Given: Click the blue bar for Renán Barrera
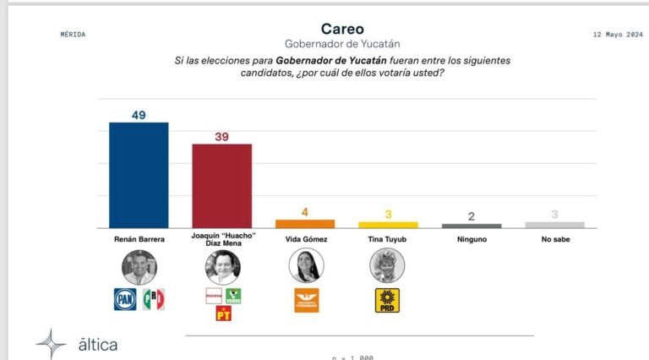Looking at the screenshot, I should coord(139,175).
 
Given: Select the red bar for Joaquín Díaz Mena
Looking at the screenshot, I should coord(222,186).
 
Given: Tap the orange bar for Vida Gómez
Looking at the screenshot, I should coord(305,224).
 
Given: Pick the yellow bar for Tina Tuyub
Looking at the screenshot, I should coord(388,225).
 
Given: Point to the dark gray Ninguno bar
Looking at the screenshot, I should coord(472,226).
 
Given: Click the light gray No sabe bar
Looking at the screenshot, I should coord(554,225).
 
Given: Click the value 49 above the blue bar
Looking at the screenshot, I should coord(139,114).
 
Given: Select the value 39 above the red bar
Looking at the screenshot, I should coord(222,136).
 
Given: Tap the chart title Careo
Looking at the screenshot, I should coord(342,29).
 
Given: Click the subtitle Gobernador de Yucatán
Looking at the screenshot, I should coord(342,44).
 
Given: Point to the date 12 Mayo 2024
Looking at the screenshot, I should coord(605,35).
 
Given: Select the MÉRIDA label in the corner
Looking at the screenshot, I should coord(74,35).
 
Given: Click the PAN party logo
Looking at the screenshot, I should coord(126,298).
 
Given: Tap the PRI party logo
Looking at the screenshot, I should coord(153,298).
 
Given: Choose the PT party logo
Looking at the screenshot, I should coord(223,314).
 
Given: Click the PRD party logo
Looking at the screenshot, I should coord(387,300).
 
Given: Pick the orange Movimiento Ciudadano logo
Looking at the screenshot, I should coord(306,300).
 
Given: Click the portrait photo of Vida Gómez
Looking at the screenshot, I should coord(306,266).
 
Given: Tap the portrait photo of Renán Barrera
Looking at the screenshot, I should coord(139,267).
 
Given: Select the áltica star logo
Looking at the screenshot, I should coord(51,344).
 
